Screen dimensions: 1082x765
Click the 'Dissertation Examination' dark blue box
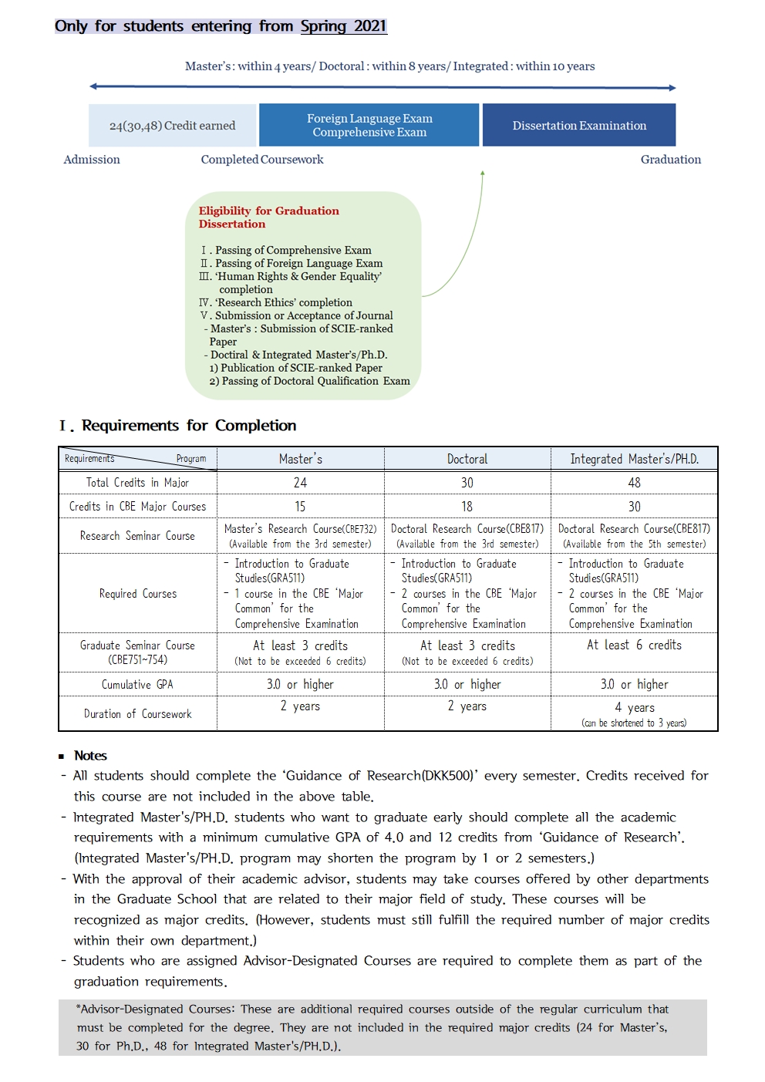click(579, 125)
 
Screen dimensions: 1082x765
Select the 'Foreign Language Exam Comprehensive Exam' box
click(369, 125)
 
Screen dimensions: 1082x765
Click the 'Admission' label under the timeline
click(92, 160)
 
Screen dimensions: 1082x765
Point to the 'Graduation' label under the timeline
click(670, 160)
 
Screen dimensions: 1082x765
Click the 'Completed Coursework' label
click(262, 160)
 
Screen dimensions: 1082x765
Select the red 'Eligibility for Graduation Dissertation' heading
click(268, 217)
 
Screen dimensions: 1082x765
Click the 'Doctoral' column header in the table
click(467, 459)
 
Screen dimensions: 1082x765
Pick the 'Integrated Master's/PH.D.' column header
click(634, 459)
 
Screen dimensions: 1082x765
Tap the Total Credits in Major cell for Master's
click(300, 483)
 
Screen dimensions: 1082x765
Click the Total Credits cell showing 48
click(634, 483)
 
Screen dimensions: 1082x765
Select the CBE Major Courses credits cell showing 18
click(467, 507)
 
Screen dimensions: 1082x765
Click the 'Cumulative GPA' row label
click(137, 684)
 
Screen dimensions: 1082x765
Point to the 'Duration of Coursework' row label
click(137, 714)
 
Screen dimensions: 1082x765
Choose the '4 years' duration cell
click(634, 708)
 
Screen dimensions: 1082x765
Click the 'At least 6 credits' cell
click(634, 645)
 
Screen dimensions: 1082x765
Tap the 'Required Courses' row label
click(137, 594)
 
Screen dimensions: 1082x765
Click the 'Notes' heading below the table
click(90, 756)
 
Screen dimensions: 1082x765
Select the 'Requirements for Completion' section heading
click(188, 426)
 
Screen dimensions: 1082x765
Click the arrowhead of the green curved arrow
click(483, 174)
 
